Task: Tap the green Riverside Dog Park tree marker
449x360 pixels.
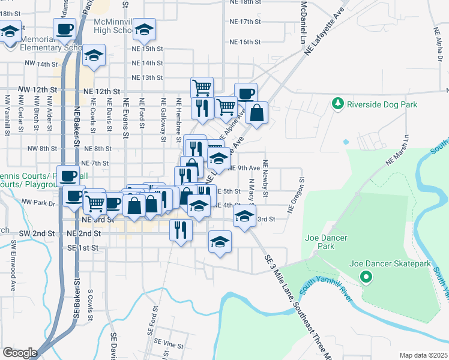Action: pos(338,104)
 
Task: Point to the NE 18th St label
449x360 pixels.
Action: pos(246,2)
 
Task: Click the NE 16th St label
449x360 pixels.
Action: pos(246,42)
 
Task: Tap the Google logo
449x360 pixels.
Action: pos(20,353)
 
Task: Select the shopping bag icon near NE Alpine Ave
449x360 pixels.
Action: pos(257,113)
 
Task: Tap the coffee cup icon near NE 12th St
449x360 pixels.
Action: pos(246,93)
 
